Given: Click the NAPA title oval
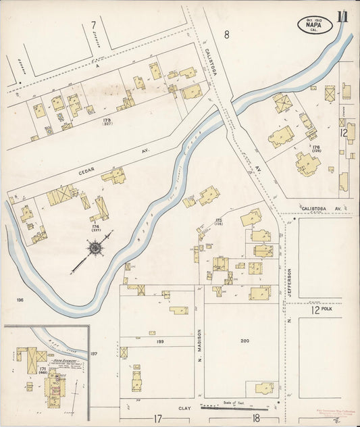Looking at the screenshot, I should tap(314, 25).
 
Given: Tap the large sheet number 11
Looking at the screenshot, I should tap(343, 17).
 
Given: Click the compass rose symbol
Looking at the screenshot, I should tap(95, 249).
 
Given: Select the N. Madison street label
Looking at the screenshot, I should tap(200, 341).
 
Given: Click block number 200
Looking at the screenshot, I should tap(245, 342).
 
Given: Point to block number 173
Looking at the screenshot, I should tap(107, 120).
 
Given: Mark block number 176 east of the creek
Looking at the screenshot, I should tap(315, 146).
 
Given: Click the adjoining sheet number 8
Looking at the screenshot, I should tap(227, 34).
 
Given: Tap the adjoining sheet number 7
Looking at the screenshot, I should tap(93, 25).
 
